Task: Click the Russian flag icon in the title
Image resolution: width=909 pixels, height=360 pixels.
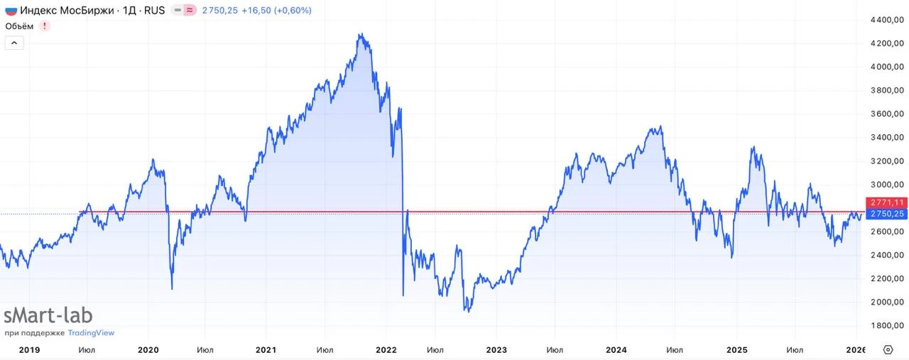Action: [x=11, y=11]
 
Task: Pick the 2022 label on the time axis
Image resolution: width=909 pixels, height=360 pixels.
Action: [x=386, y=349]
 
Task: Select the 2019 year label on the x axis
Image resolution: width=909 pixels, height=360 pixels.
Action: [x=29, y=349]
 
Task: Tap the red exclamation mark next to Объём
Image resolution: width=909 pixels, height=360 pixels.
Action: [x=45, y=26]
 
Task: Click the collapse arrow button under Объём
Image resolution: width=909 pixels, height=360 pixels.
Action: [x=14, y=43]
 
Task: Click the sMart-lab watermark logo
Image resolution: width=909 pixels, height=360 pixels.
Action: [x=48, y=316]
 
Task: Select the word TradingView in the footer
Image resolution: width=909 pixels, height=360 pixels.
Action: [x=91, y=333]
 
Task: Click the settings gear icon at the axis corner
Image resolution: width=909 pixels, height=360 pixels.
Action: [x=888, y=349]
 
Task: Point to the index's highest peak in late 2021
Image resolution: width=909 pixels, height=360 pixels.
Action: [x=361, y=34]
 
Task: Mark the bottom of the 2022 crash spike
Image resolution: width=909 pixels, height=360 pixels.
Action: [x=403, y=295]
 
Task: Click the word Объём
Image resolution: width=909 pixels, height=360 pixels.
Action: [x=19, y=26]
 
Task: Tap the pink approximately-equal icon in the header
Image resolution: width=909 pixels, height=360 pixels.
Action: [x=190, y=11]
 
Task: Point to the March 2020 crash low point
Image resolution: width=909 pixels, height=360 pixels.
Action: [x=172, y=288]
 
